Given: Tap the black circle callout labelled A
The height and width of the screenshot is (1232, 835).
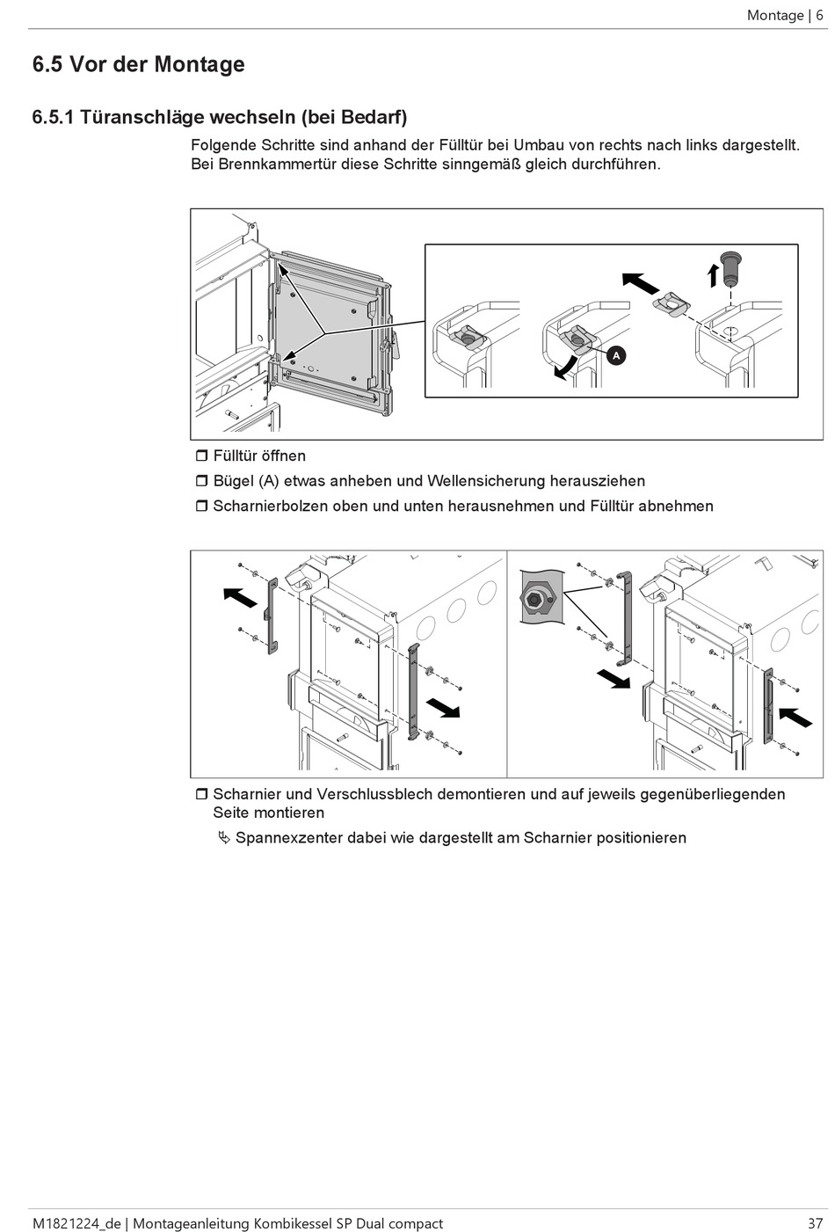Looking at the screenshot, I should [616, 355].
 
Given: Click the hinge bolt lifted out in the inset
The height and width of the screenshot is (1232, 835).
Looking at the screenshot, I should [730, 266].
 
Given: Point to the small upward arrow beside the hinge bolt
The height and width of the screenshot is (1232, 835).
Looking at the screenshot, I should [713, 273].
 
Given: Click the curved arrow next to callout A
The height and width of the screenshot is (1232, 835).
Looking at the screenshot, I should [565, 368].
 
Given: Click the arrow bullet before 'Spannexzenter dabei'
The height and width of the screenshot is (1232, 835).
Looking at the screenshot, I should [224, 837].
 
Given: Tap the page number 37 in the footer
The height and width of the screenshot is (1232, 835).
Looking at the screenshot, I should [815, 1223].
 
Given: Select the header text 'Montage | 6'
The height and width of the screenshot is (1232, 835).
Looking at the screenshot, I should [784, 15].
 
